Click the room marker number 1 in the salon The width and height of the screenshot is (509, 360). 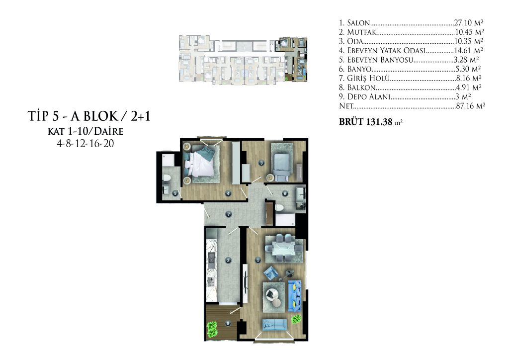point(258,260)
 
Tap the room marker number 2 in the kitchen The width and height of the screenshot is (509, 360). point(228,261)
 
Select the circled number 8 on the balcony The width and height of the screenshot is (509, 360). point(228,323)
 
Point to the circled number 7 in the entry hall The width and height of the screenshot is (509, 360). point(229,214)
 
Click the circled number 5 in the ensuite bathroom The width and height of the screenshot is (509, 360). point(175,193)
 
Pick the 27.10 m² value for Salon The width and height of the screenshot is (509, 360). point(469,23)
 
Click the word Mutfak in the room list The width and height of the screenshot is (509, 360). point(362,32)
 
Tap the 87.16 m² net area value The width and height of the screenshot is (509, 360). point(470,106)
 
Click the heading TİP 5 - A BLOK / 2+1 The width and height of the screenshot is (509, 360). point(89,116)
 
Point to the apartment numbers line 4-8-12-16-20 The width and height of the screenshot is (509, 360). point(85,144)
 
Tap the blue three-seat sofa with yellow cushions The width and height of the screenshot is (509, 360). point(294,295)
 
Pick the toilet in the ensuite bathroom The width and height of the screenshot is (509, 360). point(167,178)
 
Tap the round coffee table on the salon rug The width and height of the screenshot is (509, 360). point(270,294)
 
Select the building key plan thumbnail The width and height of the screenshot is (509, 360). point(243,60)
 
